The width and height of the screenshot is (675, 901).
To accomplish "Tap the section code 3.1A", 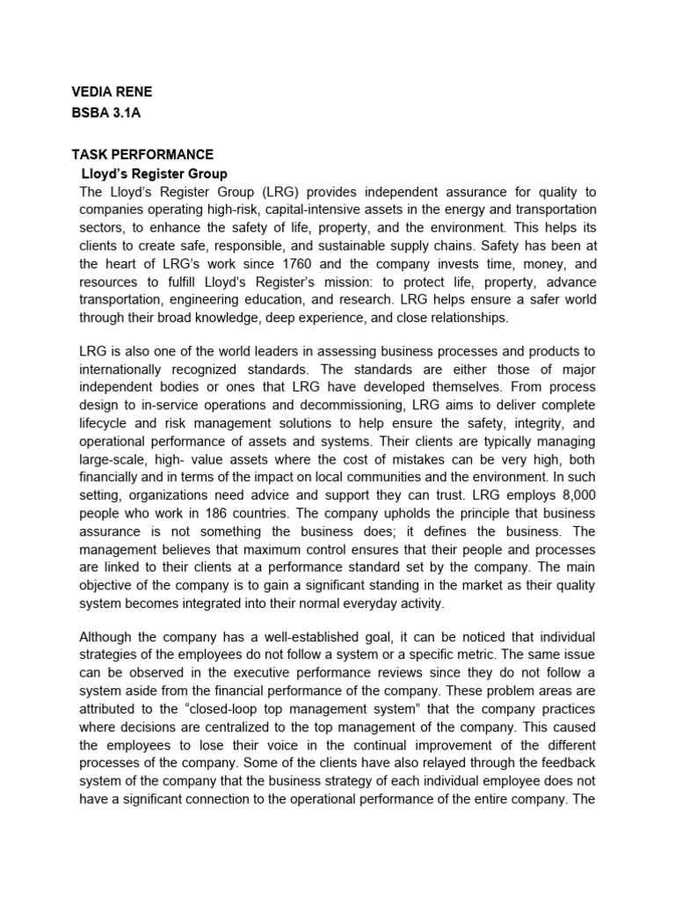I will [133, 113].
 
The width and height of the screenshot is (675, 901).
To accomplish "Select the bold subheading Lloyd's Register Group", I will [154, 174].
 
